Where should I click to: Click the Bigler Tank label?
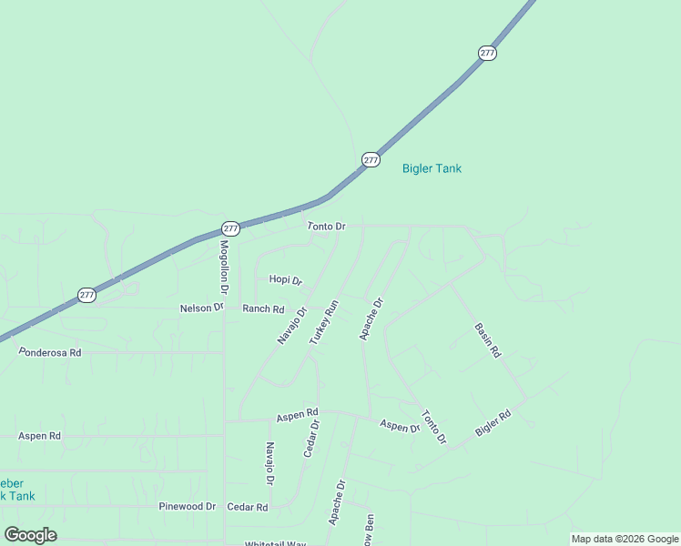[432, 168]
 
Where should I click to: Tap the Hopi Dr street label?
[285, 280]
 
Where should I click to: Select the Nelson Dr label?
[201, 308]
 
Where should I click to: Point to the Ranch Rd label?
[263, 309]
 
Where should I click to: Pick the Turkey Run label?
[323, 322]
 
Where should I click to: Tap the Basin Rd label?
[488, 339]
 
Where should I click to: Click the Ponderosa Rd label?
[50, 352]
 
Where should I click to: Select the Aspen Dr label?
[400, 426]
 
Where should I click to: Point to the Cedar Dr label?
[311, 438]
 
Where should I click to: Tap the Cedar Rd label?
[248, 507]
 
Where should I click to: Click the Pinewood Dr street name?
[187, 507]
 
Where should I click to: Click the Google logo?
[31, 535]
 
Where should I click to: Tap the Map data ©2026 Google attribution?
[624, 539]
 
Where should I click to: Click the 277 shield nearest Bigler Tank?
[371, 159]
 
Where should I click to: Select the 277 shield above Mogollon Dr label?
[230, 228]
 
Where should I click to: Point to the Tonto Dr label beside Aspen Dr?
[434, 427]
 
